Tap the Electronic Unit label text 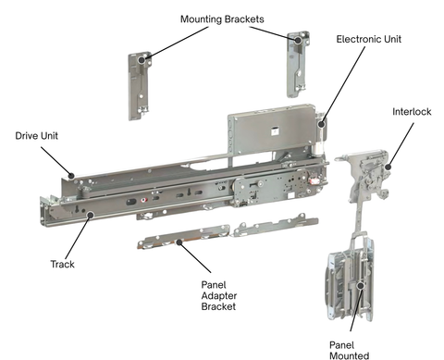pyautogui.click(x=375, y=40)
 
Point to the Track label pyautogui.click(x=62, y=264)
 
